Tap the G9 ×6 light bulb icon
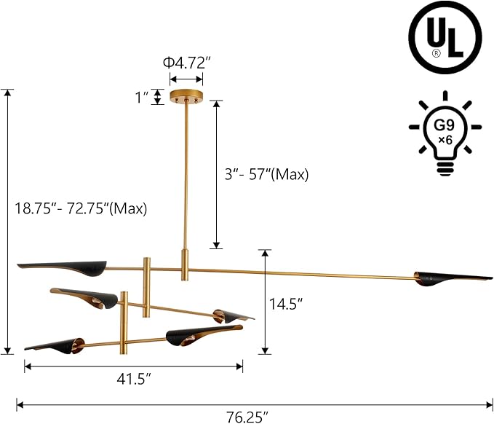tap(445, 135)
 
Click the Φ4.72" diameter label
tap(186, 63)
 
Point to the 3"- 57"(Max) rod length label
tap(266, 174)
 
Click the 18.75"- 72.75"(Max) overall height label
tap(81, 208)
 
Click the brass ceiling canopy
tap(186, 96)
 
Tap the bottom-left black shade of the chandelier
tap(55, 344)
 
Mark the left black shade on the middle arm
tap(86, 296)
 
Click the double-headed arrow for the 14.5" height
tap(266, 302)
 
